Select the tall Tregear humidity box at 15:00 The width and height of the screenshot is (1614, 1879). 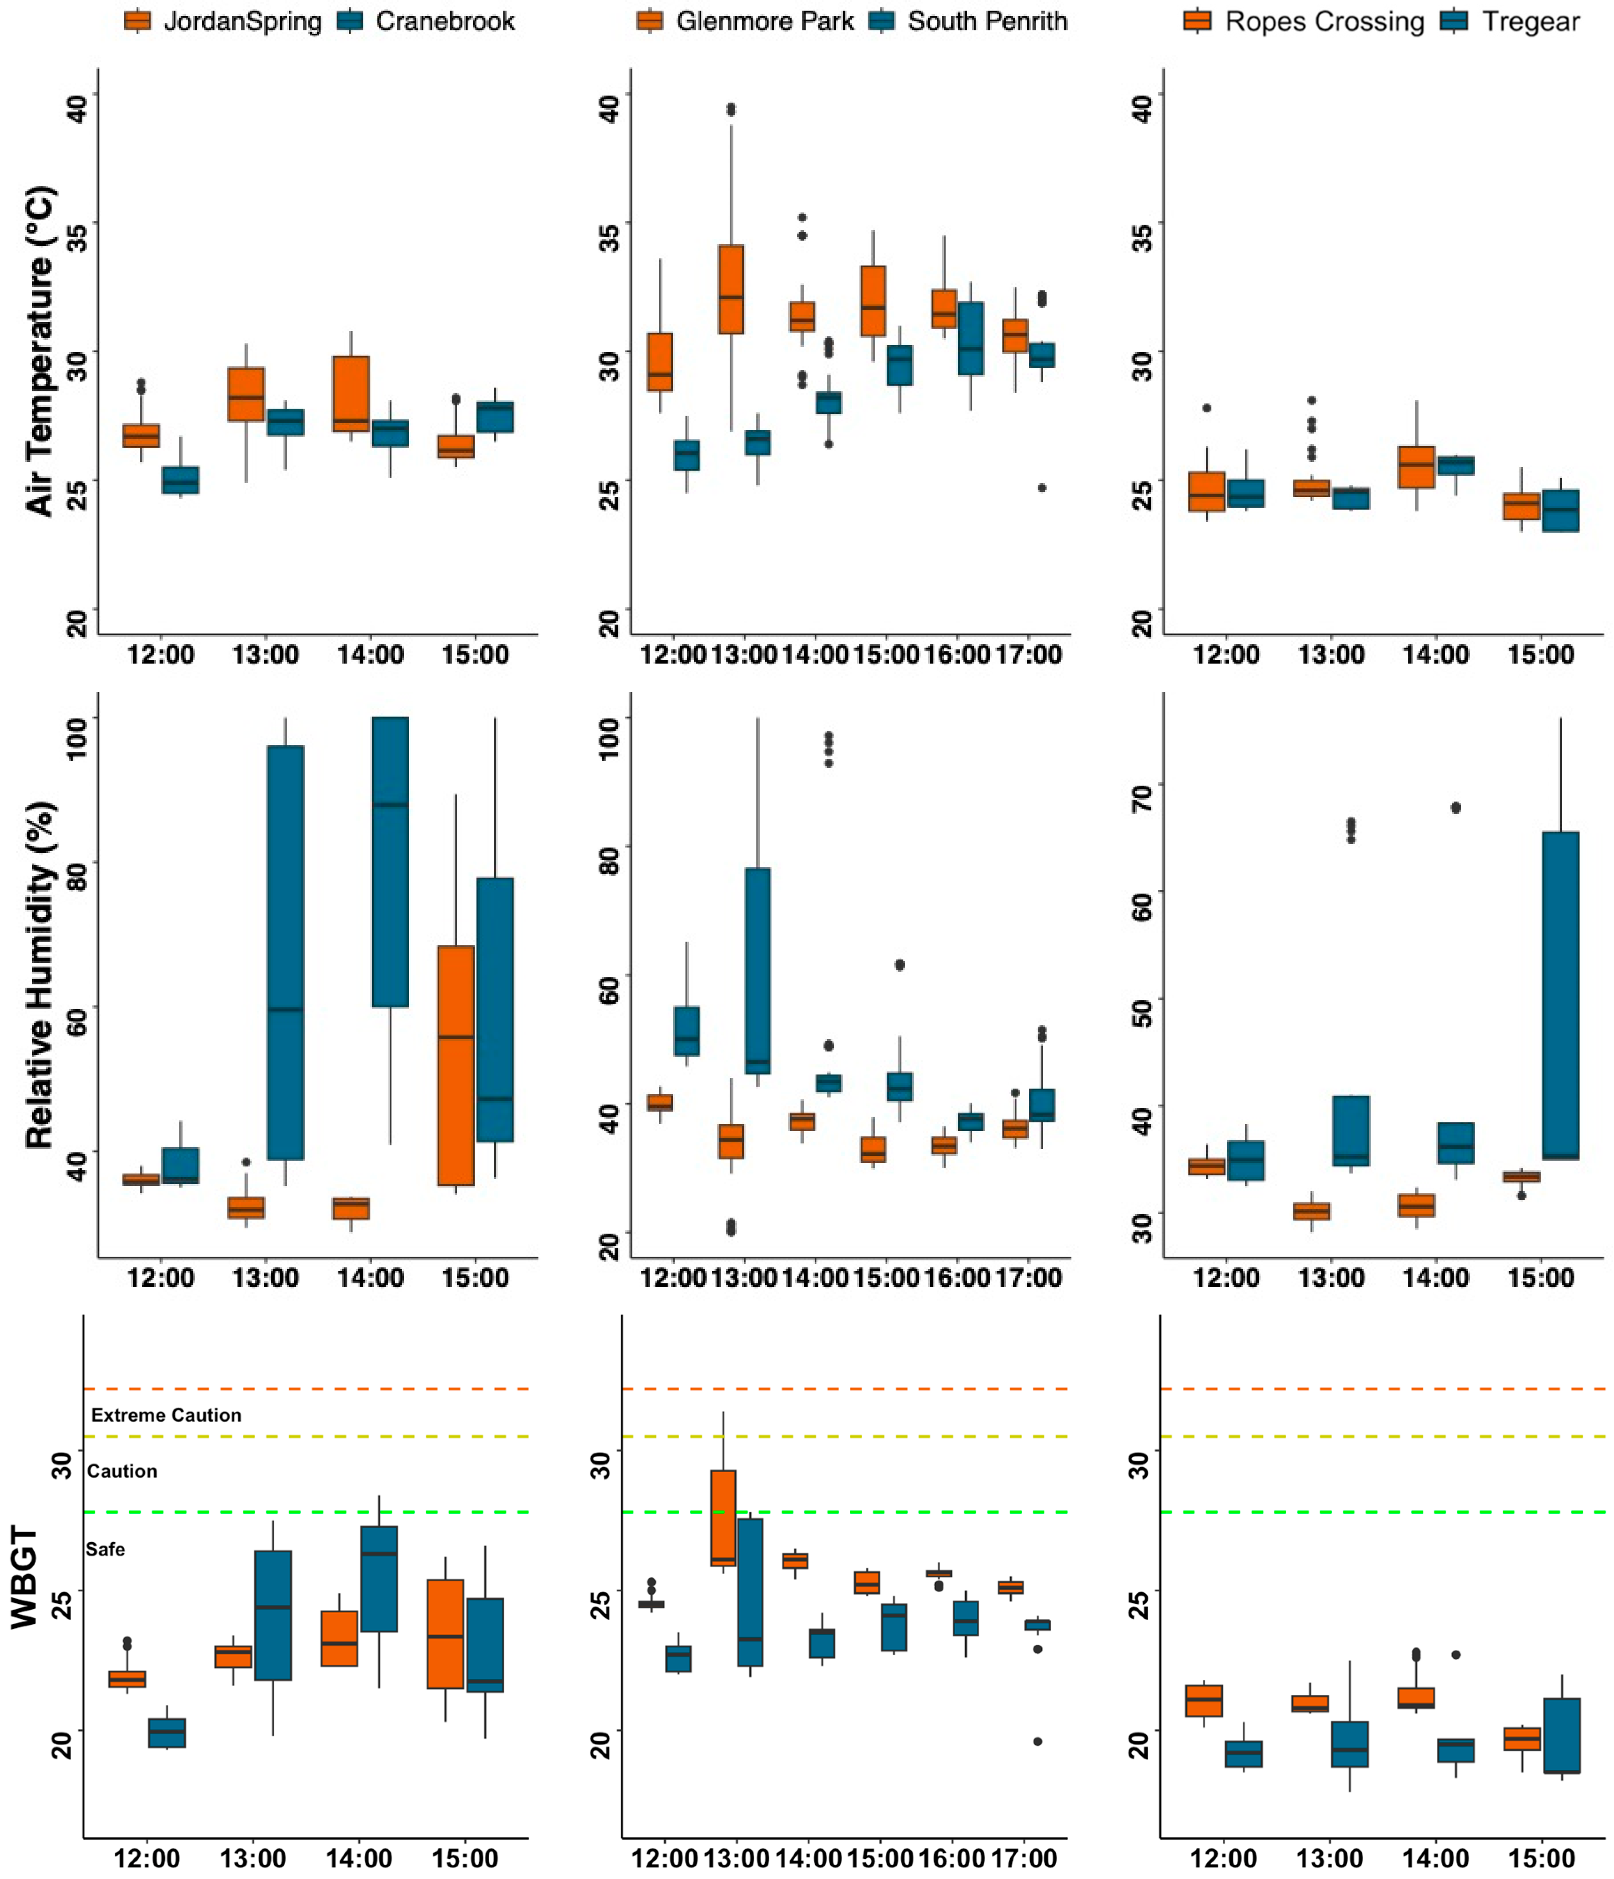coord(1561,995)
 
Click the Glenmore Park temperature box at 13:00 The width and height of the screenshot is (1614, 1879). coord(731,289)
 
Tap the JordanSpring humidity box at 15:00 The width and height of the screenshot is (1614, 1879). coord(455,1065)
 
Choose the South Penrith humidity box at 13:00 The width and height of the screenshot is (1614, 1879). coord(758,970)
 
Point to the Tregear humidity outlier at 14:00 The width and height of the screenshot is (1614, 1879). coord(1456,808)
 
